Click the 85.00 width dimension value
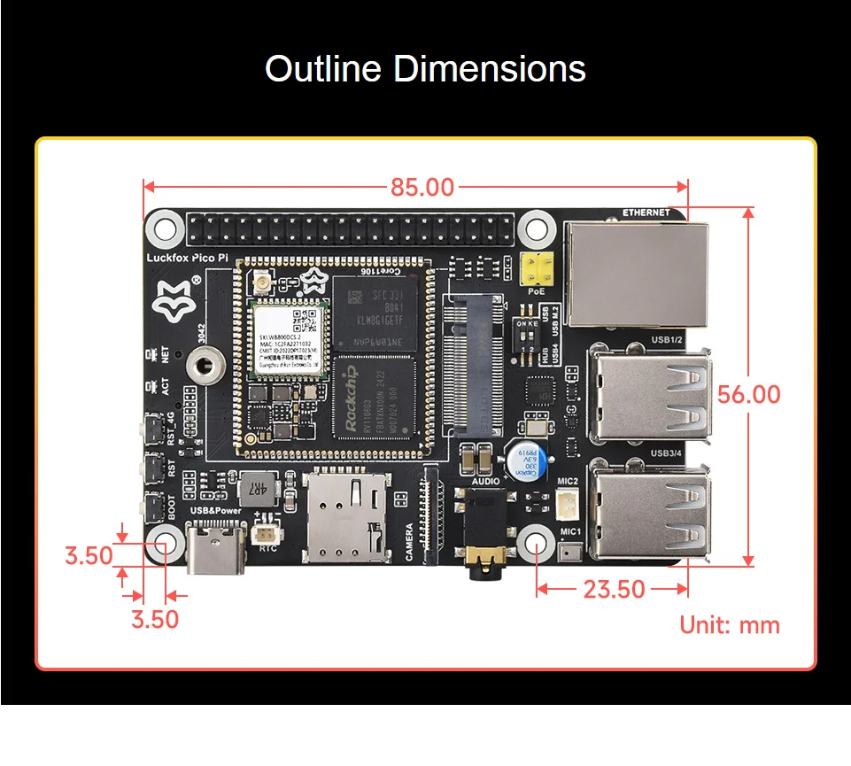(422, 187)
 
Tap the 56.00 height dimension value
(749, 394)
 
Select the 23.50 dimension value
(614, 589)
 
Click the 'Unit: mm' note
(730, 625)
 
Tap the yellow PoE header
(536, 267)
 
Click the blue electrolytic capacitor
(529, 460)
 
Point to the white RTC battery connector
(264, 533)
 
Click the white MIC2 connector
(568, 504)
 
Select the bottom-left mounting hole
(166, 545)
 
